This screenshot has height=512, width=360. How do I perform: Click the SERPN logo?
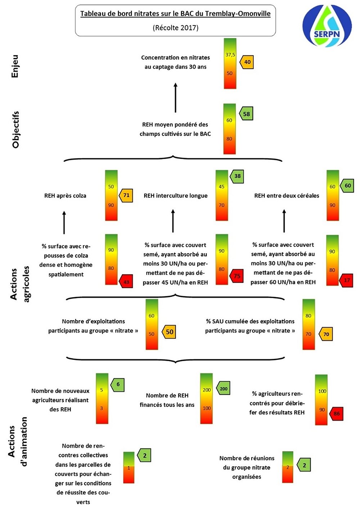(327, 26)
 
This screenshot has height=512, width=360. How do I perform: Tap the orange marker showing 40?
(247, 62)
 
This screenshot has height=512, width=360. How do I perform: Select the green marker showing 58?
(246, 114)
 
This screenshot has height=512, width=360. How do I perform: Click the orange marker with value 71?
(126, 195)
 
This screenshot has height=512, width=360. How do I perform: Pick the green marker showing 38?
(237, 176)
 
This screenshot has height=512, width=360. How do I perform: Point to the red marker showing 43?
(126, 282)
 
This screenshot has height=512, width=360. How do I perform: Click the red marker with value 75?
(237, 276)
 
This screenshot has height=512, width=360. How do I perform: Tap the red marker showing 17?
(346, 280)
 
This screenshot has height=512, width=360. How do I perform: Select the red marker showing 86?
(336, 413)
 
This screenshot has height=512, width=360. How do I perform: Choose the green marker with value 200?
(223, 389)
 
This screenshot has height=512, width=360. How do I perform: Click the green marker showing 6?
(117, 384)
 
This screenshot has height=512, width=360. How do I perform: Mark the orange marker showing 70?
(325, 334)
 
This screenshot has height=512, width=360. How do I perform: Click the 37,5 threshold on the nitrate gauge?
(230, 55)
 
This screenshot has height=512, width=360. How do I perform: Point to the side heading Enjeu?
(15, 66)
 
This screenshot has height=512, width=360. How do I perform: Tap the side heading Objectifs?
(15, 130)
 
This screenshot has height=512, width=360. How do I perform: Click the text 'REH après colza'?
(65, 196)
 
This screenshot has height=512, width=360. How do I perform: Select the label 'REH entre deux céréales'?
(287, 196)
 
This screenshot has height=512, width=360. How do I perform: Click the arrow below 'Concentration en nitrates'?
(175, 98)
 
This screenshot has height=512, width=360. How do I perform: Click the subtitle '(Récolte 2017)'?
(175, 28)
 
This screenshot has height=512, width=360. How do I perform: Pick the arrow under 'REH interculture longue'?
(173, 221)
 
